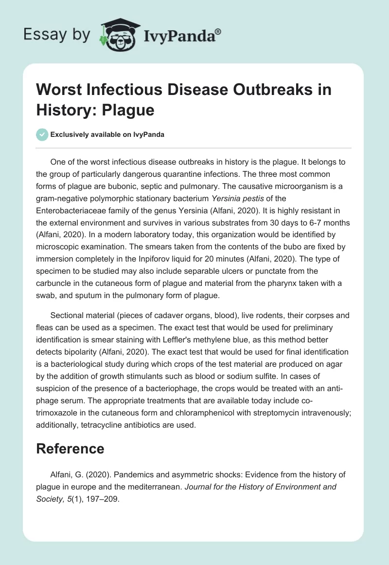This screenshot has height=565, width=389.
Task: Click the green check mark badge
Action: (x=43, y=134)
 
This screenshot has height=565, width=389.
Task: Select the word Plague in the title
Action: (x=130, y=110)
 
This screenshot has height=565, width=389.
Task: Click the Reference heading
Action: (x=70, y=449)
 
